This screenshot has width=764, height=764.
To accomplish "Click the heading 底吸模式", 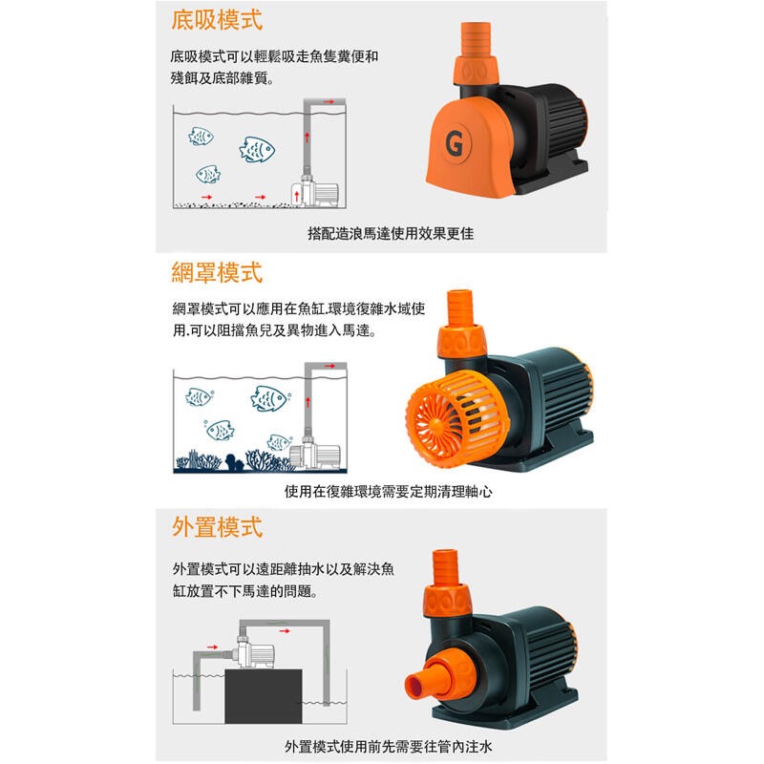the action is click(x=217, y=20).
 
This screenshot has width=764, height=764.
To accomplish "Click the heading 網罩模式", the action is click(x=217, y=272).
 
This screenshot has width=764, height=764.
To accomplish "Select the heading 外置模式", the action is click(x=217, y=527).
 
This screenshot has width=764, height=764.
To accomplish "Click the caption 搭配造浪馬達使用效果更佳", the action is click(x=391, y=233).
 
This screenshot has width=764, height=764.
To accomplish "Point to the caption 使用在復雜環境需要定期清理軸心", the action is click(x=388, y=491).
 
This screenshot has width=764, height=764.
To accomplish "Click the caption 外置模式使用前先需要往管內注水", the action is click(x=388, y=747).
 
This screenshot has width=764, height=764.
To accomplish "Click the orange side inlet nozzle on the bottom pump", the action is click(x=430, y=678).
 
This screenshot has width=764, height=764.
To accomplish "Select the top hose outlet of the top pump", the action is click(x=476, y=39).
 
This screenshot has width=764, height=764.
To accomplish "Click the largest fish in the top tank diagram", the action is click(x=257, y=150).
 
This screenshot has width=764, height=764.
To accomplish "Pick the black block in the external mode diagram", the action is click(x=264, y=696).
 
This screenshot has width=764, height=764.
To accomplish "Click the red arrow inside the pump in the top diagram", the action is click(x=297, y=197).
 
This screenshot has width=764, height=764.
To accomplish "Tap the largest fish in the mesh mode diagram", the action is click(x=268, y=398).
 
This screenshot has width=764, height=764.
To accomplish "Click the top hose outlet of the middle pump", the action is click(x=460, y=308).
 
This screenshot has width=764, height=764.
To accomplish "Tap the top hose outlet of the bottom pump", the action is click(x=445, y=567).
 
